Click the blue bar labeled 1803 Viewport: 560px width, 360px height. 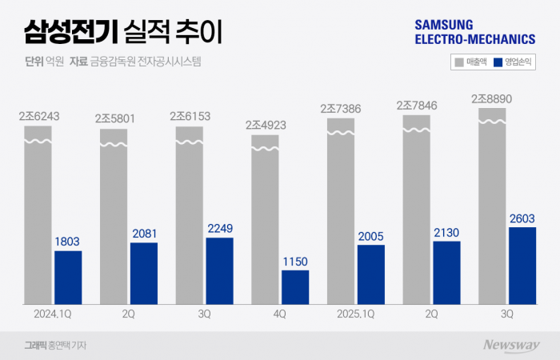tap(68, 277)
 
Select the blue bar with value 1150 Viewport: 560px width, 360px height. tap(294, 286)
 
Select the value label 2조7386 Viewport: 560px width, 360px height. tap(342, 108)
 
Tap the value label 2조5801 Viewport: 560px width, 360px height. tap(115, 118)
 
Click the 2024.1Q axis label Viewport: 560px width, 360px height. tap(52, 314)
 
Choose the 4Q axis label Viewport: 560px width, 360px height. tap(279, 314)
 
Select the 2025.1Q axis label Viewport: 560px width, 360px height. tap(356, 314)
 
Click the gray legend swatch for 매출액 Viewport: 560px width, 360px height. tap(458, 61)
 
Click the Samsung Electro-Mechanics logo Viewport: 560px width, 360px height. tap(474, 31)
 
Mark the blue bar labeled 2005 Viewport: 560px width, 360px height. tap(370, 274)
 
